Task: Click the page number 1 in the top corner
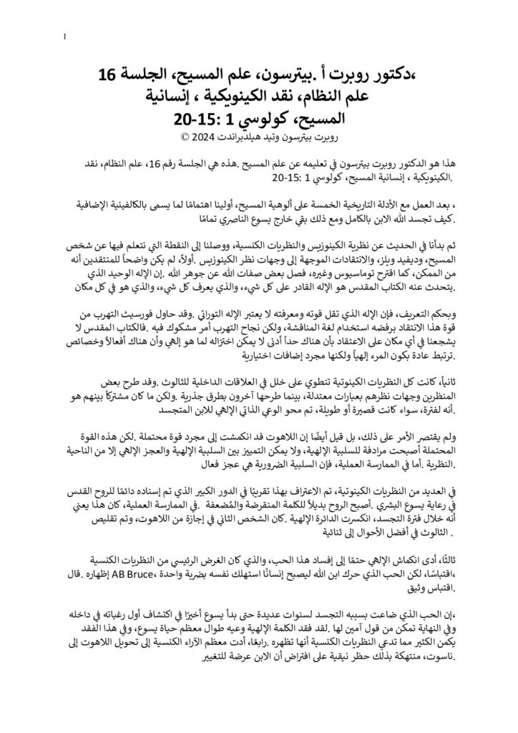pos(65,37)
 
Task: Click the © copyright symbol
pos(182,135)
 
